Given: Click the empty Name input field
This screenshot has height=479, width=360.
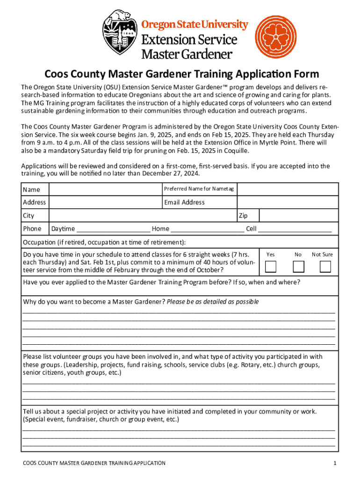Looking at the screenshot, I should tap(105, 189).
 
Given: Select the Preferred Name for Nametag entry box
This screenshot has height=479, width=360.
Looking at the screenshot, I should tap(288, 189).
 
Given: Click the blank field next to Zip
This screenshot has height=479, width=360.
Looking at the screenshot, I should tap(298, 216).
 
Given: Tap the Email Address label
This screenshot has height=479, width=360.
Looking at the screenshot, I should tap(184, 203).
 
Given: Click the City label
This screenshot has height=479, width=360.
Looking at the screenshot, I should tap(29, 216).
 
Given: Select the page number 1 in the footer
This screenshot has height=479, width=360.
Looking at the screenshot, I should tap(335, 463).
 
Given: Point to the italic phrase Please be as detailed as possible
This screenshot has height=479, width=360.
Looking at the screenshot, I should tap(213, 302).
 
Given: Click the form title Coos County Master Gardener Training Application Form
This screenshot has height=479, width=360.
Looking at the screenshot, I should tap(181, 74).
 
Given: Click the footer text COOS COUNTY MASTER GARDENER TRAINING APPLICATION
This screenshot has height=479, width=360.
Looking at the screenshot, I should tap(94, 463).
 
